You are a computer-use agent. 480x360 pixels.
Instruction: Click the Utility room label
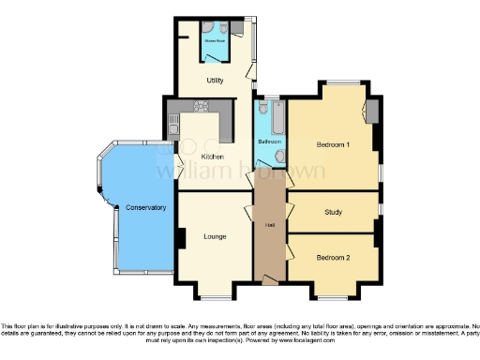[x=215, y=82]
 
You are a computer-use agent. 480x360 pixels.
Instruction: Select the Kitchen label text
[x=213, y=157]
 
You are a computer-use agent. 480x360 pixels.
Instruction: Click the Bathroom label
[x=270, y=142]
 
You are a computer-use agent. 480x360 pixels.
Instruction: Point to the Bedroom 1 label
[x=333, y=145]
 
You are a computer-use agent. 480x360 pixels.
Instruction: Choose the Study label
[x=333, y=212]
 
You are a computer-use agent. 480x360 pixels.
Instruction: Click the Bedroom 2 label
[x=333, y=257]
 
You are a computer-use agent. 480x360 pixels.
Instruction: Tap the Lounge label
[x=215, y=235]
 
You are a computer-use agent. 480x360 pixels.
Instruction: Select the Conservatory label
[x=145, y=207]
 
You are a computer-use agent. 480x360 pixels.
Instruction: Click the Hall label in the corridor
[x=270, y=225]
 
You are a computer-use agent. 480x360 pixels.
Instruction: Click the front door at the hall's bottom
[x=271, y=278]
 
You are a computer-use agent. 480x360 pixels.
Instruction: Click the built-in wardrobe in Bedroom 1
[x=372, y=112]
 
